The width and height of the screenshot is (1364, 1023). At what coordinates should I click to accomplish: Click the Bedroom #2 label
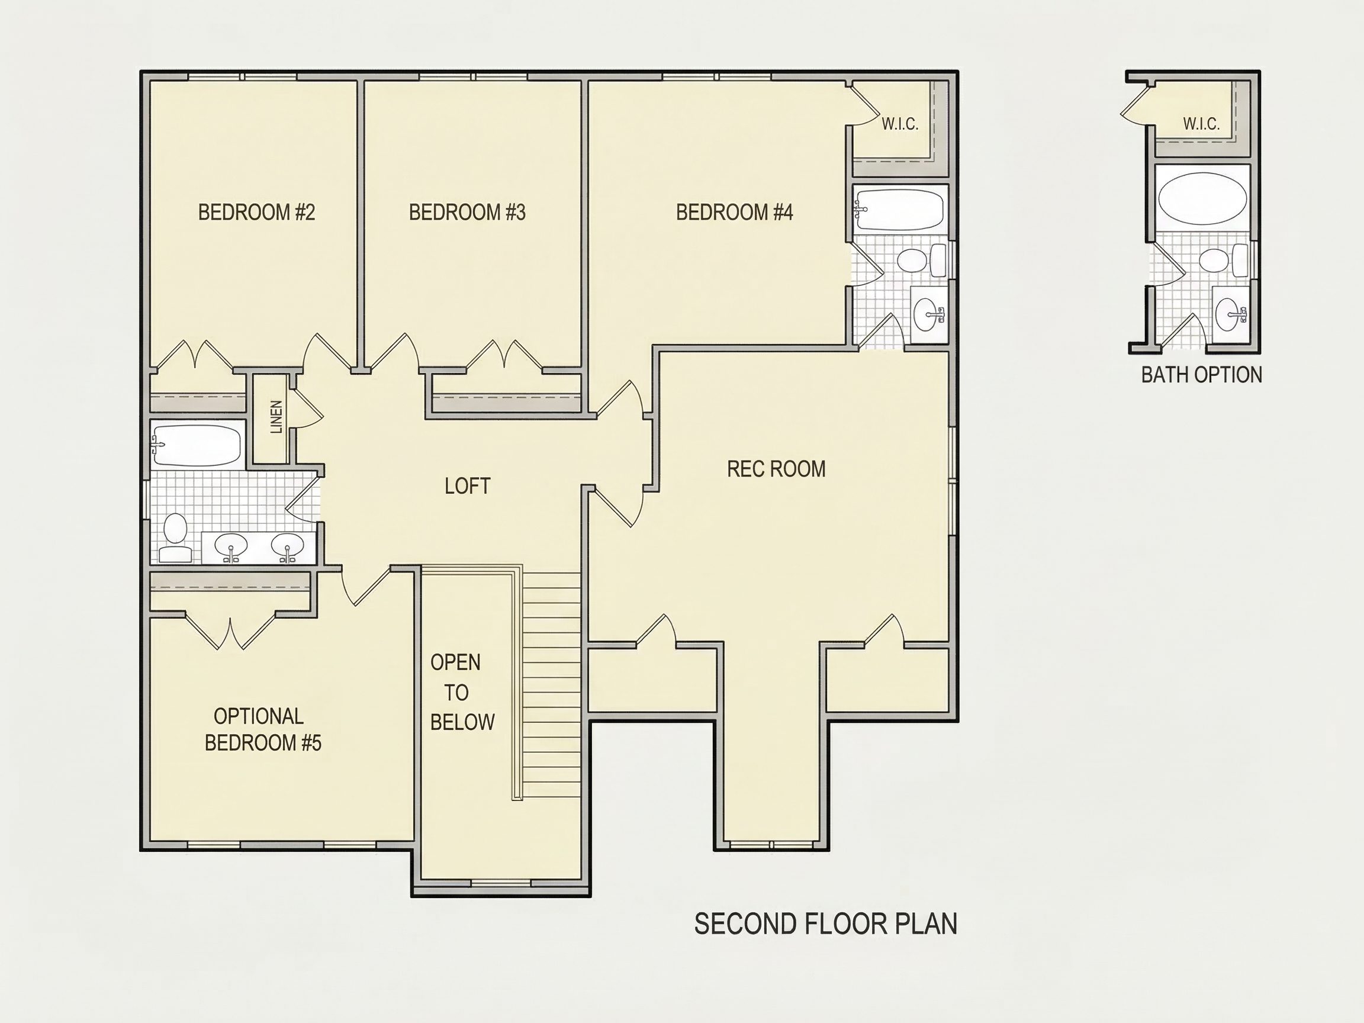pyautogui.click(x=256, y=212)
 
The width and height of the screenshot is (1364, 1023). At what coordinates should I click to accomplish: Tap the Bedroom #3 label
pyautogui.click(x=468, y=212)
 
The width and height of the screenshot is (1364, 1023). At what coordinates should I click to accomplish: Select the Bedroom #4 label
pyautogui.click(x=735, y=212)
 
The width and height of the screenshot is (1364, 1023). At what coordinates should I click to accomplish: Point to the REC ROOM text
pyautogui.click(x=776, y=469)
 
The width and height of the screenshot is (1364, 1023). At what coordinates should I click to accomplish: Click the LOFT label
pyautogui.click(x=468, y=486)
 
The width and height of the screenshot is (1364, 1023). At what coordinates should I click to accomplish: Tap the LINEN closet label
pyautogui.click(x=276, y=417)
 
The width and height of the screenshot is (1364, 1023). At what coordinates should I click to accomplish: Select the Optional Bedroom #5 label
pyautogui.click(x=263, y=729)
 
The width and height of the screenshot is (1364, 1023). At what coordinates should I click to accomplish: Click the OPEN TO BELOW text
pyautogui.click(x=462, y=692)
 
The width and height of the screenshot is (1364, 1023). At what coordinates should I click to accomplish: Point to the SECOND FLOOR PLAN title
pyautogui.click(x=826, y=924)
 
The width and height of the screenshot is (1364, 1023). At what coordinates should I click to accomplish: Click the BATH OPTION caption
pyautogui.click(x=1201, y=375)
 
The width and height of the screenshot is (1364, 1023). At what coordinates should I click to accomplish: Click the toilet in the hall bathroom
pyautogui.click(x=175, y=538)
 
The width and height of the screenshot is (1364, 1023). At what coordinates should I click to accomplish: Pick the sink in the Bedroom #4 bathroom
pyautogui.click(x=929, y=315)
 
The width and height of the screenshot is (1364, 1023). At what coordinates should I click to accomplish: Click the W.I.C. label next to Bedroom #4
pyautogui.click(x=900, y=124)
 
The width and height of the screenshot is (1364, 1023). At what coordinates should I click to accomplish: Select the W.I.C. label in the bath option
pyautogui.click(x=1201, y=124)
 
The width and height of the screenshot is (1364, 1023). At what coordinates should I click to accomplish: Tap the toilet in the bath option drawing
pyautogui.click(x=1224, y=260)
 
